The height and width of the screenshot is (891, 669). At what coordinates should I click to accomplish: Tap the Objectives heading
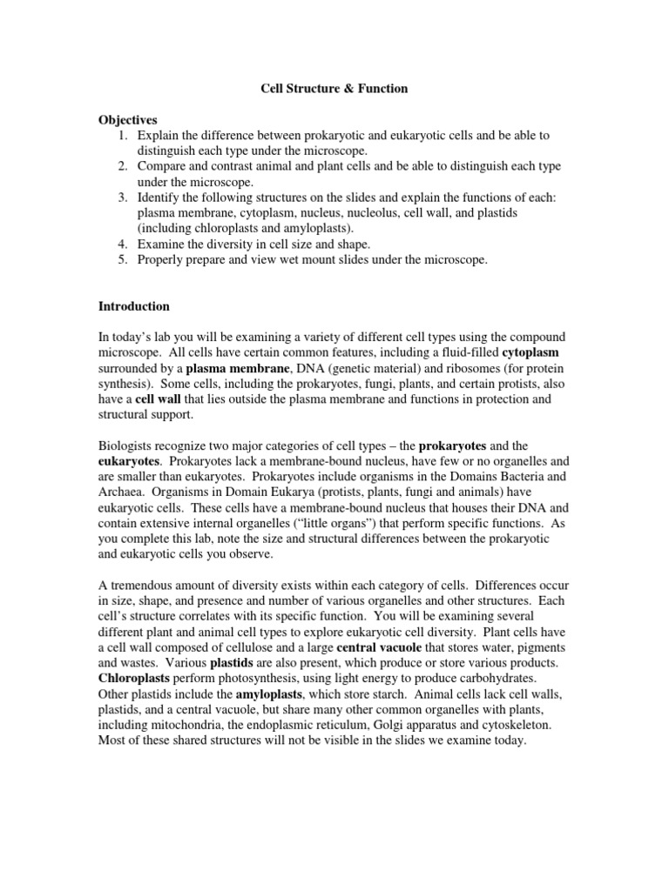[127, 120]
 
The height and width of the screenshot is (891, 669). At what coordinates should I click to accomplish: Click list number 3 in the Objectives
[124, 198]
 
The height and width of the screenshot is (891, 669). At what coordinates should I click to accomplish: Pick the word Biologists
[128, 446]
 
